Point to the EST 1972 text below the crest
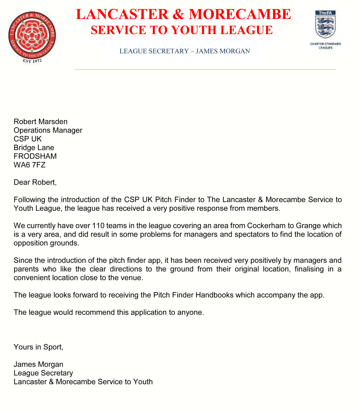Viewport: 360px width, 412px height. click(32, 61)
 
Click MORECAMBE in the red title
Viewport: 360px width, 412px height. click(240, 14)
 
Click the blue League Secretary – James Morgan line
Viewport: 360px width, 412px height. click(184, 51)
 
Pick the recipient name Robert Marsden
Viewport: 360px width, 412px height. click(40, 122)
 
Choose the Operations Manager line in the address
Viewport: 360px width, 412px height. click(48, 130)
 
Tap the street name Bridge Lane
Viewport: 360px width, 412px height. click(34, 148)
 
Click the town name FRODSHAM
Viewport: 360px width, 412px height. click(35, 156)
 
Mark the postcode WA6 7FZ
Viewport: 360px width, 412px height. click(29, 165)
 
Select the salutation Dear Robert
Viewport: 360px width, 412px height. click(35, 182)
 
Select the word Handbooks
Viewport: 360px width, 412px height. click(214, 295)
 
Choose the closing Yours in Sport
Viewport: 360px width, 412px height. click(38, 347)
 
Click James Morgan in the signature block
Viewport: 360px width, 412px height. click(38, 365)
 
